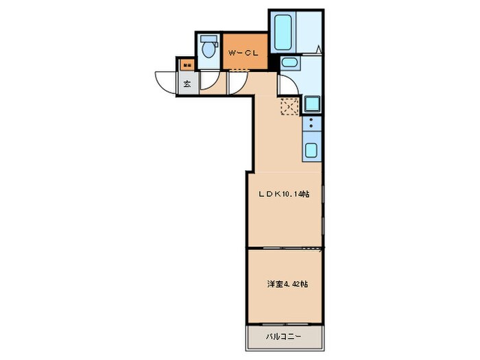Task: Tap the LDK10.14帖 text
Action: (283, 195)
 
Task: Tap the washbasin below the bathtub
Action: (289, 64)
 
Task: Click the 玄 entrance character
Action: (187, 85)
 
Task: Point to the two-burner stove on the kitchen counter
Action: (311, 124)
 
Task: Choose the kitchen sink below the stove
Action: (311, 150)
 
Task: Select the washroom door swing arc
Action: (287, 85)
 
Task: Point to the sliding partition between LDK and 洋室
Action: (285, 248)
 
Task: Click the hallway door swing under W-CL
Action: (238, 82)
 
